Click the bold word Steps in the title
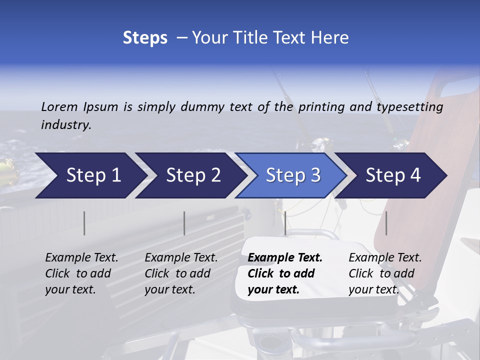(145, 37)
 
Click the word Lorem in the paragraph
(59, 106)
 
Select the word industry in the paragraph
(66, 124)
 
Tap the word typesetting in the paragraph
(410, 106)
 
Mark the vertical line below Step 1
(84, 223)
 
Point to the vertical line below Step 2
(184, 223)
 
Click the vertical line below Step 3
(285, 223)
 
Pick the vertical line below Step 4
(386, 223)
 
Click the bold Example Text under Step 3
(285, 258)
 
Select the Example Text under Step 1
(81, 258)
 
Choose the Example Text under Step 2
(181, 258)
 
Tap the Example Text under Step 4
(385, 258)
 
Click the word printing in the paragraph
(321, 106)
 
